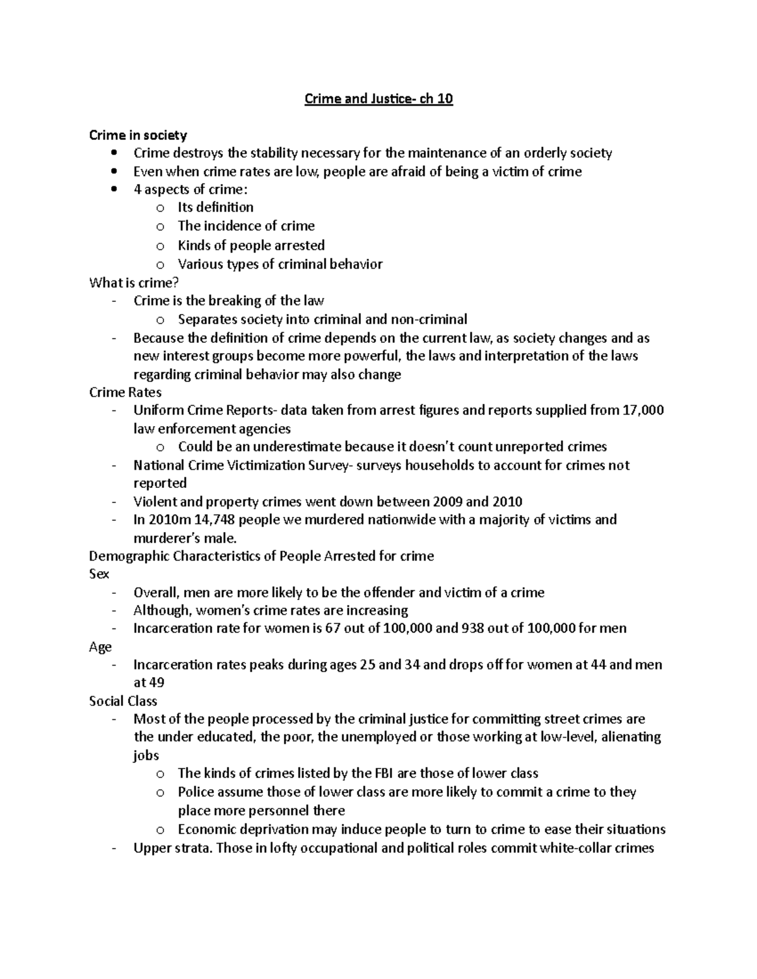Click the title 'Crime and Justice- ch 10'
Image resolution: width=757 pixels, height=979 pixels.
378,99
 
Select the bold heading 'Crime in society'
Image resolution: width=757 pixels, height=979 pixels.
138,135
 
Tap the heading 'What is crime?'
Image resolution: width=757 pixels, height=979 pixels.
129,282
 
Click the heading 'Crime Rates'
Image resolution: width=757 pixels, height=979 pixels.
125,392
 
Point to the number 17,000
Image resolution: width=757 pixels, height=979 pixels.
643,410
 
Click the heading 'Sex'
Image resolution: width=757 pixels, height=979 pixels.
99,574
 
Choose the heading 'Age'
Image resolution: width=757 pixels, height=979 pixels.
100,647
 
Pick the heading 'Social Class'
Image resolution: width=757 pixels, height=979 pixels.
123,701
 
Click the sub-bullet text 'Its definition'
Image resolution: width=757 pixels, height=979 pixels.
215,207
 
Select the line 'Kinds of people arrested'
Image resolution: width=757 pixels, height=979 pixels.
251,245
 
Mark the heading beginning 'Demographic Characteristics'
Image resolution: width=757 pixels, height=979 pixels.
261,556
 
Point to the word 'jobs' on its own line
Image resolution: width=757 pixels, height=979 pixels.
146,755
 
